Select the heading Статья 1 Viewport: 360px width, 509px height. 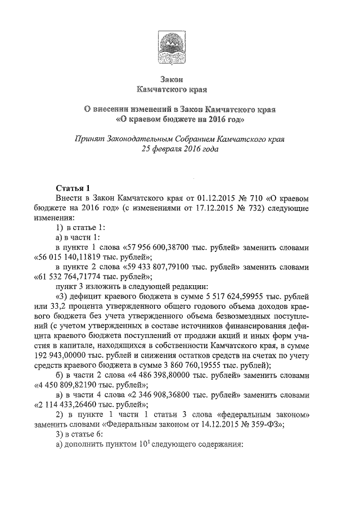tap(73, 187)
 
